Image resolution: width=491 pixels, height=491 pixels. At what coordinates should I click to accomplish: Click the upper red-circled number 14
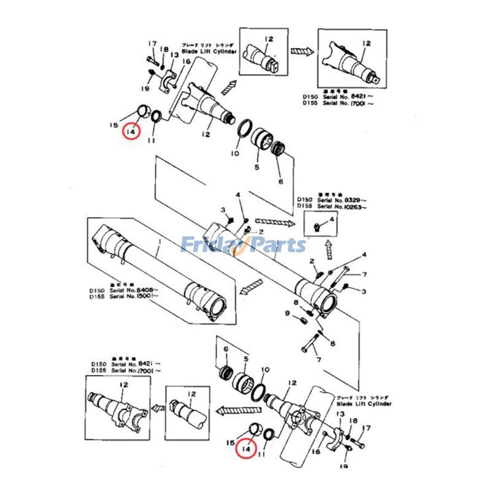coord(131,130)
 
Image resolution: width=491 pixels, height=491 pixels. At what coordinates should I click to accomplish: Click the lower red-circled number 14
coord(246,449)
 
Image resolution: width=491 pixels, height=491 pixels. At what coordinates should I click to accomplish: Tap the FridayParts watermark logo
coord(245,244)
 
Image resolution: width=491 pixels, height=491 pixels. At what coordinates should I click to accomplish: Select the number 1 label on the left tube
coord(158,251)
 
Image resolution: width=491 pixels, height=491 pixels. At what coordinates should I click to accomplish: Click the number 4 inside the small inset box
coord(332,218)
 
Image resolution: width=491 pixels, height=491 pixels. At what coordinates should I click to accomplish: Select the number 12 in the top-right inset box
coord(367,43)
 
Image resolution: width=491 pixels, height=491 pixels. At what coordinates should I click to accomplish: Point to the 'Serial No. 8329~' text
coord(344,200)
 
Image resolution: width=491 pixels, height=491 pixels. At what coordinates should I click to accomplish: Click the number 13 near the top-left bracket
coord(174,55)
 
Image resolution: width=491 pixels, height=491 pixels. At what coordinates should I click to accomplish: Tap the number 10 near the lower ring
coord(265,370)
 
